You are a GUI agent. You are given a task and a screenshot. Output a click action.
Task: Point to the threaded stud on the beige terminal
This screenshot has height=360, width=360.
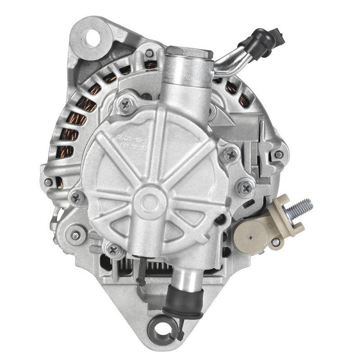(301, 208)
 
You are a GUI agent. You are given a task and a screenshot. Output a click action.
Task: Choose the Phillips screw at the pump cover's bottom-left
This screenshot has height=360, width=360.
(112, 250)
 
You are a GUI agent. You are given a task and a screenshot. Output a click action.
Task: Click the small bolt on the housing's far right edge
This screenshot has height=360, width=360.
(279, 154)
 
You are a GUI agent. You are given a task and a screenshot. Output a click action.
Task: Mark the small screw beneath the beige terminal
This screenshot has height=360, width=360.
(275, 242)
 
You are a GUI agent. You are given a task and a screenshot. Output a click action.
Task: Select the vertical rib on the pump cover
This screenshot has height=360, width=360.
(152, 148)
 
